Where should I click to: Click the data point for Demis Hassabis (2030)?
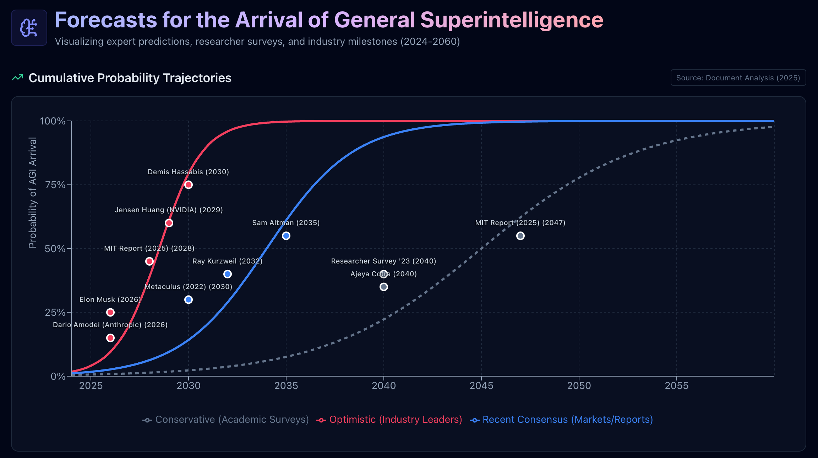189,185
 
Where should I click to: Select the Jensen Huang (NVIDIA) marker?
169,223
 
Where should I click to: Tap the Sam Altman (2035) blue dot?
286,236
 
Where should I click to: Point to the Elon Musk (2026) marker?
110,313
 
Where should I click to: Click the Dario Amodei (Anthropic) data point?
110,338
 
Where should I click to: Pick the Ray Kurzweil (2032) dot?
228,274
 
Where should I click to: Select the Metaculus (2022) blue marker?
189,300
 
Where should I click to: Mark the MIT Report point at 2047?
520,236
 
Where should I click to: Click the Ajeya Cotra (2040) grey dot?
384,287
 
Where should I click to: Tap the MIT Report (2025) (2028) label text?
149,249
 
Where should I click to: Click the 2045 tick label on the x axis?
481,386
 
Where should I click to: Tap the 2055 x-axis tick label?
677,386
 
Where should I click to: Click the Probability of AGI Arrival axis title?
33,193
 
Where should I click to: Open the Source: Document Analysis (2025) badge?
738,78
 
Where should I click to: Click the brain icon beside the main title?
29,28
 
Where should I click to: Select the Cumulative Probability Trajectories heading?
130,78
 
